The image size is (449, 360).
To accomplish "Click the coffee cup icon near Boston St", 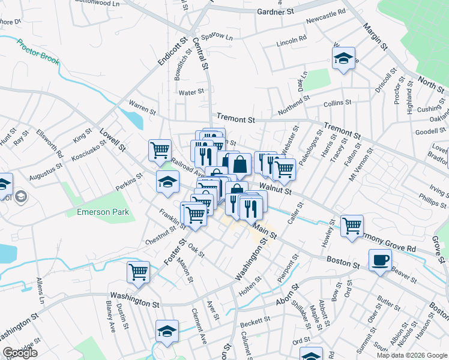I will tap(381, 260).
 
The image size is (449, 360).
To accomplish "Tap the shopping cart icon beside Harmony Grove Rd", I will tap(352, 226).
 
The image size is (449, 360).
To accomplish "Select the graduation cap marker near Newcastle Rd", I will tap(343, 58).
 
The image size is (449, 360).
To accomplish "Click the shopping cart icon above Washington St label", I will tap(138, 272).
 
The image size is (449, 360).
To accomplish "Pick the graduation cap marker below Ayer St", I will tap(167, 330).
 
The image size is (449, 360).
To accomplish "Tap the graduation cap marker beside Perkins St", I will tap(167, 182).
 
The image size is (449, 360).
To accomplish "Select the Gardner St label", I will tap(275, 11).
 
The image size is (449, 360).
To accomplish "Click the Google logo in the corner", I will tap(19, 353).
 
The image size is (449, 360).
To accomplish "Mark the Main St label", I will tap(264, 229).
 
